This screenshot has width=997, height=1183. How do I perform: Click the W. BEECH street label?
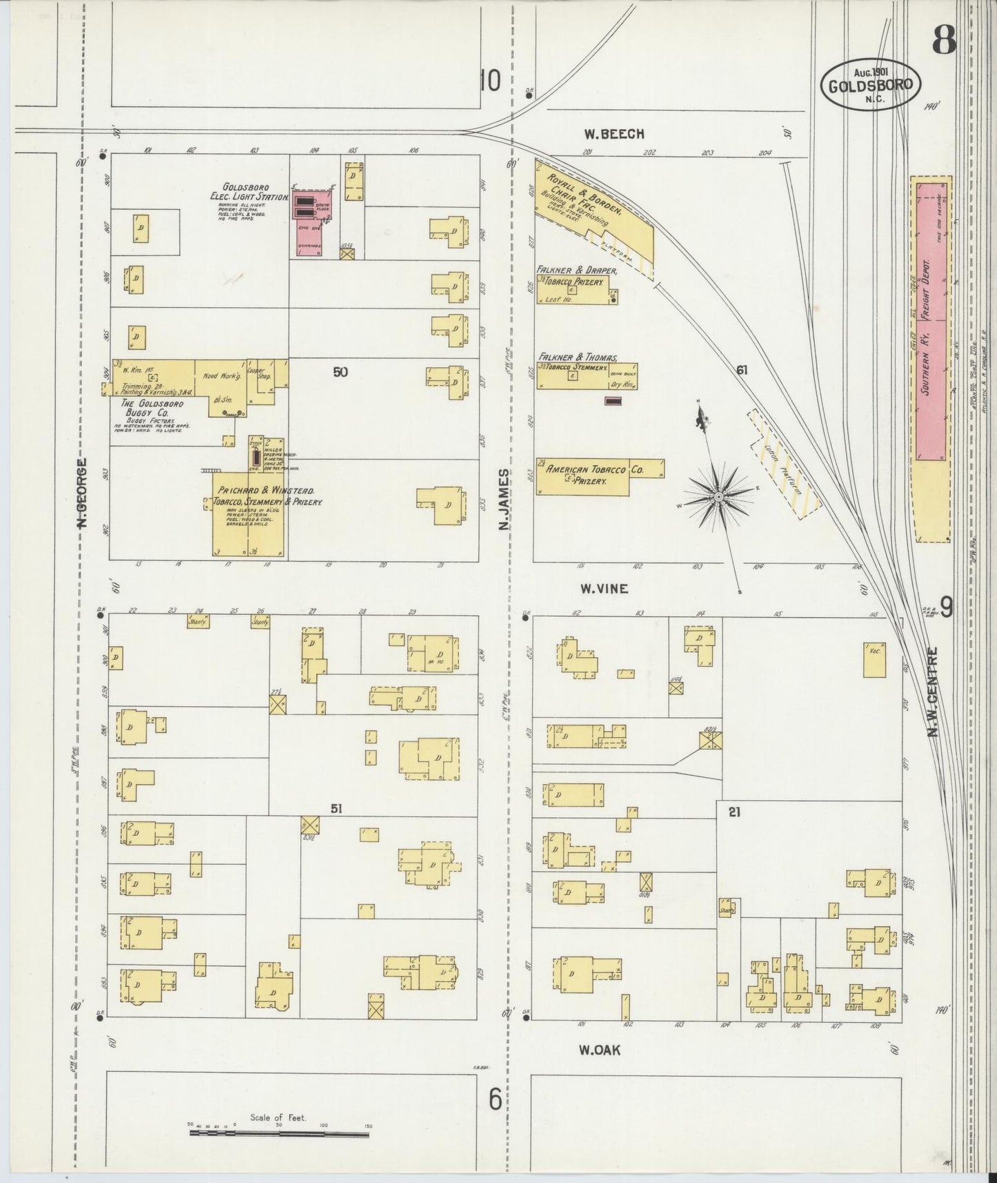[613, 134]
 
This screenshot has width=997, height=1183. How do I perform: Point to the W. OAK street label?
[600, 1050]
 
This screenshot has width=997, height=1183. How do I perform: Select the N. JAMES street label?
[504, 500]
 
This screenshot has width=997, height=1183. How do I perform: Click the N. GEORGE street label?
[81, 493]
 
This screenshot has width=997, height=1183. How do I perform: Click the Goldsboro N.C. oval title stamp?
[871, 84]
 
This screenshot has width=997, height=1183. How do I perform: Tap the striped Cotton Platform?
[784, 465]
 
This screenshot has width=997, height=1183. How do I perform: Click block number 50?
[340, 372]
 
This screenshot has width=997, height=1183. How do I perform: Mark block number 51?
[336, 809]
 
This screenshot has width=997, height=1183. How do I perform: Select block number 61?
[742, 370]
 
